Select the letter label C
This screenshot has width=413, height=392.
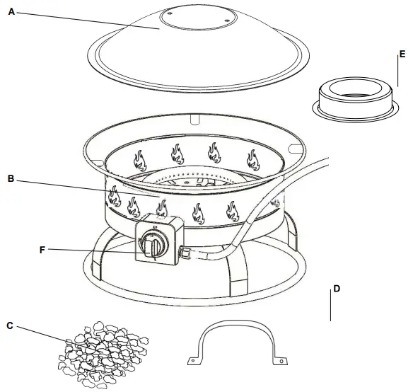(x=9, y=326)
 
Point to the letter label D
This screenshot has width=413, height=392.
(x=337, y=289)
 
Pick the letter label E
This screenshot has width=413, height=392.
(x=402, y=54)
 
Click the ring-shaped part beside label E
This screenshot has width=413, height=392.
(x=352, y=96)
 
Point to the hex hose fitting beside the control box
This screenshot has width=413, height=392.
(x=185, y=251)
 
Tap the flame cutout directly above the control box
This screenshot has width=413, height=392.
(x=161, y=207)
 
